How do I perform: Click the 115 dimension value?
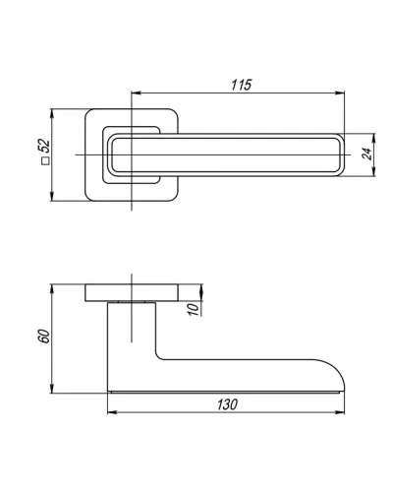click(x=242, y=85)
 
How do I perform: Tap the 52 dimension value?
click(x=44, y=146)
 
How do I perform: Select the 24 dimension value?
click(x=367, y=154)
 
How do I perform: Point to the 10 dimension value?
click(x=194, y=309)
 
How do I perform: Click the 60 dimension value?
click(x=44, y=336)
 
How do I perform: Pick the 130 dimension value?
click(x=227, y=404)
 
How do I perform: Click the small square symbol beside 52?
click(x=45, y=160)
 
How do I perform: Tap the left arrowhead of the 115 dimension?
click(x=136, y=92)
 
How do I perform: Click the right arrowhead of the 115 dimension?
click(x=340, y=92)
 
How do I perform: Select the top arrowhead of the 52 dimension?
click(x=51, y=114)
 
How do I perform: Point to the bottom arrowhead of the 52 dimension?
click(x=51, y=196)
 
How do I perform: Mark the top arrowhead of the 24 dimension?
click(x=374, y=139)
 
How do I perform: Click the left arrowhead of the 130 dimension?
click(x=113, y=412)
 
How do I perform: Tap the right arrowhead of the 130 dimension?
click(x=340, y=412)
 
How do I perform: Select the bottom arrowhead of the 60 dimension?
click(x=51, y=388)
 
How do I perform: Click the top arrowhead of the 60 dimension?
click(x=51, y=289)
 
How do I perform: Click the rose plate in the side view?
click(x=132, y=292)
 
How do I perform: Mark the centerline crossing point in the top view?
click(x=132, y=154)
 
